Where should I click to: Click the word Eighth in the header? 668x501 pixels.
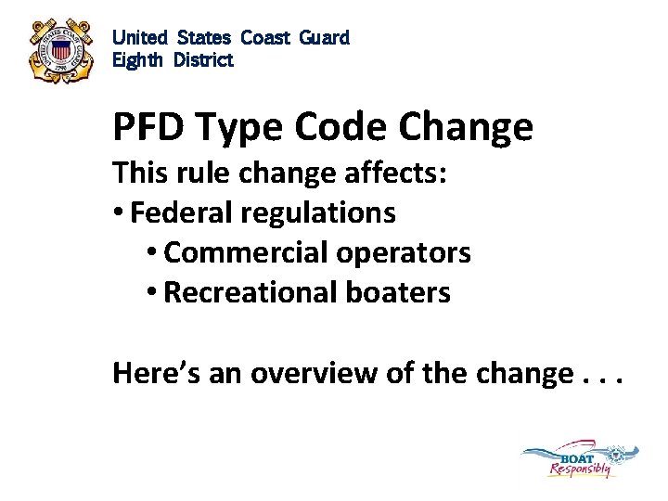[x=135, y=60]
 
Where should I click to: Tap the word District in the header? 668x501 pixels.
[x=201, y=60]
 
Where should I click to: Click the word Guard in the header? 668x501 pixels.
[x=324, y=38]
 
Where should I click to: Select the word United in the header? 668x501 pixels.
[x=140, y=38]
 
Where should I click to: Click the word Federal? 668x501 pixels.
[x=182, y=212]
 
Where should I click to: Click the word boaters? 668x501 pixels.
[x=399, y=292]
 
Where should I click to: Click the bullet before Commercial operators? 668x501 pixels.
[x=152, y=252]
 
